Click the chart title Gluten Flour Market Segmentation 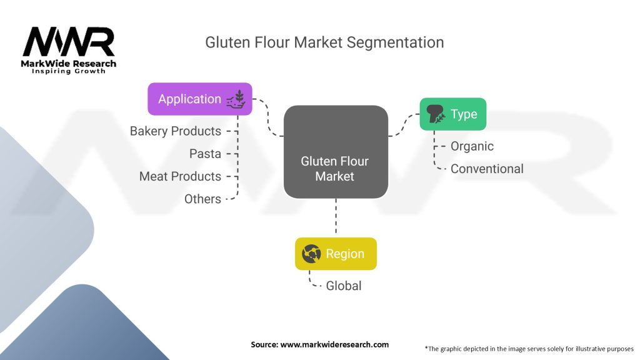coord(324,42)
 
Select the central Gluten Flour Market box coord(335,152)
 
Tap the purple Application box coord(199,99)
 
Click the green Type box coord(452,114)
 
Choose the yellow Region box coord(336,254)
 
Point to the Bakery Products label coord(176,131)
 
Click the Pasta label coord(205,154)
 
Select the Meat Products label coord(180,176)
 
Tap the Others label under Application coord(202,199)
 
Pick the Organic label coord(472,146)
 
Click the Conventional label coord(487,169)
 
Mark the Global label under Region coord(344,286)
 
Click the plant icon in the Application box coord(239,98)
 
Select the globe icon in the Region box coord(311,254)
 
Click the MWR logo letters coord(69,43)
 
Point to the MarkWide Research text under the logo coord(69,64)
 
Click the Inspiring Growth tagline coord(69,71)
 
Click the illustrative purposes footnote coord(529,348)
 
